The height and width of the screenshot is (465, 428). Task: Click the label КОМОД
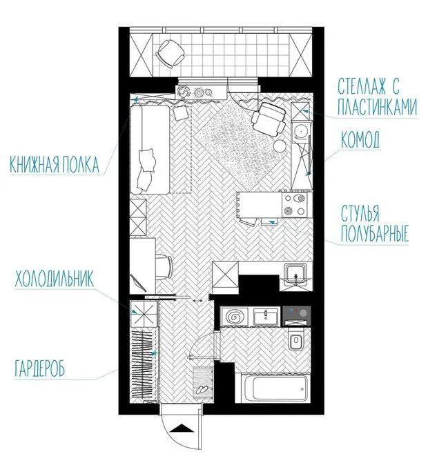click(x=360, y=141)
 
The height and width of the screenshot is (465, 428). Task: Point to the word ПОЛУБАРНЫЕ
click(x=375, y=235)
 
